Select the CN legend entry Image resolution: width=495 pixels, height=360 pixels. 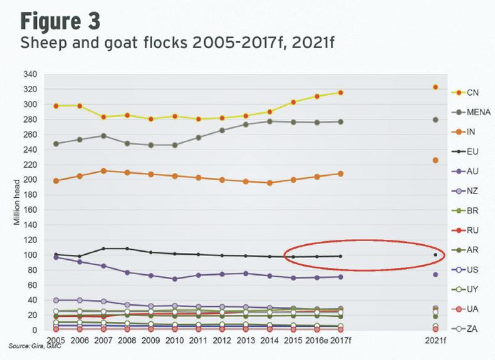click(472, 93)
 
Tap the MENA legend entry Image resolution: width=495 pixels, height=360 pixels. click(478, 112)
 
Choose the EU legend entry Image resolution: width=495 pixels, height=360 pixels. click(472, 151)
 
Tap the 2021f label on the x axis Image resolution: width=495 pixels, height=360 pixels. click(435, 341)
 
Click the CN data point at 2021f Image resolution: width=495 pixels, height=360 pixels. click(435, 87)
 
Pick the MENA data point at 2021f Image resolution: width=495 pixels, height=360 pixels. click(435, 120)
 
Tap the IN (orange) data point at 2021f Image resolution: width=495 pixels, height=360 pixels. click(435, 160)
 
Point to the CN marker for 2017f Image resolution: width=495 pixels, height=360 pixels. click(341, 93)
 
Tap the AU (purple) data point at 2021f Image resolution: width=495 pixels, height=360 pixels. click(435, 275)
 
